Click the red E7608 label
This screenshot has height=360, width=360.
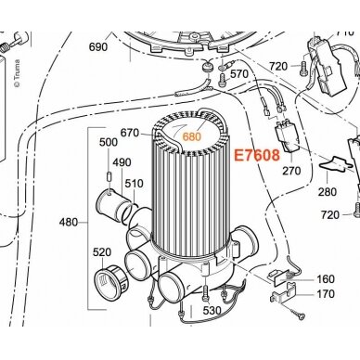pyautogui.click(x=257, y=155)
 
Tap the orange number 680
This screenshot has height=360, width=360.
pyautogui.click(x=192, y=136)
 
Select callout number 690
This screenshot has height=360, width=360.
pyautogui.click(x=98, y=47)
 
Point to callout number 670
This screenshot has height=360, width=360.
pyautogui.click(x=130, y=133)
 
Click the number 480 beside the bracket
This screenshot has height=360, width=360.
pyautogui.click(x=69, y=222)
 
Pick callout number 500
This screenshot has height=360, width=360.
pyautogui.click(x=109, y=142)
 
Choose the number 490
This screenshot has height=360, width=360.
pyautogui.click(x=122, y=162)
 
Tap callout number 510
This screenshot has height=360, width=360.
pyautogui.click(x=135, y=184)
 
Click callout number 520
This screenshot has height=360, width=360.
pyautogui.click(x=102, y=252)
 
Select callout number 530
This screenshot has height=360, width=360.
pyautogui.click(x=212, y=310)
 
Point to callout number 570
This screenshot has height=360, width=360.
pyautogui.click(x=239, y=74)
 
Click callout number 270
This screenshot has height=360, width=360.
pyautogui.click(x=291, y=171)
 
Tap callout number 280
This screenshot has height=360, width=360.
pyautogui.click(x=328, y=192)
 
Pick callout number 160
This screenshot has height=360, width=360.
pyautogui.click(x=326, y=279)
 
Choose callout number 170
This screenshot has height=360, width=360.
pyautogui.click(x=326, y=293)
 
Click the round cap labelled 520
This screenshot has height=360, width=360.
pyautogui.click(x=110, y=279)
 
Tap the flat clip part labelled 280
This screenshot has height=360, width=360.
pyautogui.click(x=336, y=164)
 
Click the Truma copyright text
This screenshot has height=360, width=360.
pyautogui.click(x=17, y=73)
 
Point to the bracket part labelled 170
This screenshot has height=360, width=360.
pyautogui.click(x=283, y=292)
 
